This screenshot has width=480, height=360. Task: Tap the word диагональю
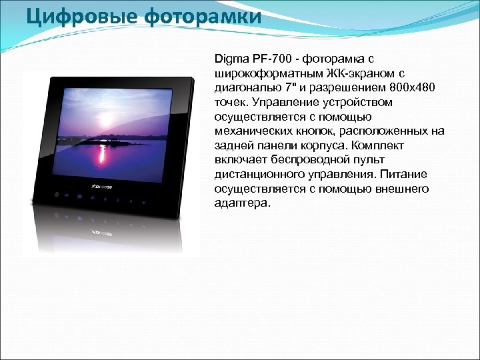coord(246,87)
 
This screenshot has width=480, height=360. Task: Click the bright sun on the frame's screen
coord(102,133)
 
